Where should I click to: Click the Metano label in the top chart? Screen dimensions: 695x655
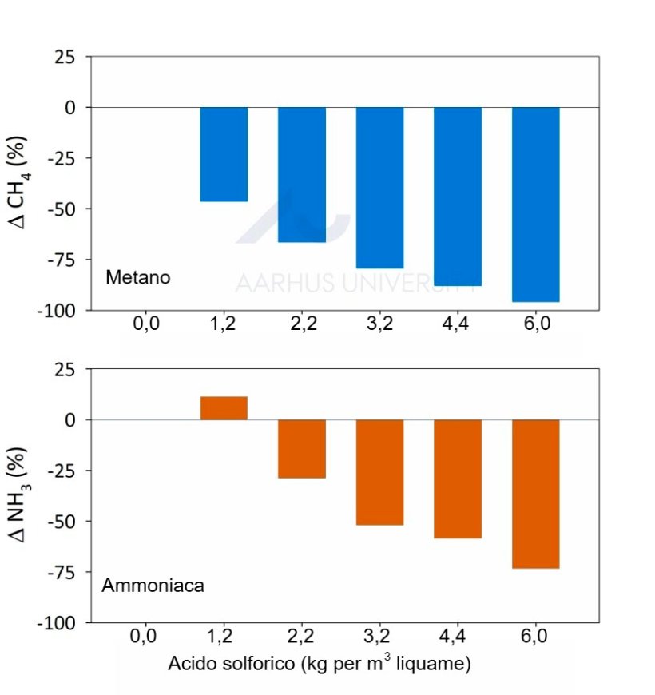[138, 278]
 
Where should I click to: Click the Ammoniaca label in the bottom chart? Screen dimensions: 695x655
[153, 586]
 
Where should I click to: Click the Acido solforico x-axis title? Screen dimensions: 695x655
[319, 664]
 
